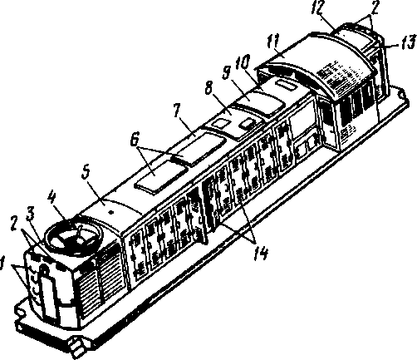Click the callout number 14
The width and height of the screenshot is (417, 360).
coord(261,253)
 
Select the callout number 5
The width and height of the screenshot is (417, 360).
coord(86,173)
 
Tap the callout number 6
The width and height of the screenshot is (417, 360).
coord(134,140)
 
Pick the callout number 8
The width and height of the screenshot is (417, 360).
coord(209,89)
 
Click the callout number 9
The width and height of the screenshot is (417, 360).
coord(227,73)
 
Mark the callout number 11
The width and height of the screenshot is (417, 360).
coord(272,42)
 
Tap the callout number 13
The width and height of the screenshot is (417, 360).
coord(408,42)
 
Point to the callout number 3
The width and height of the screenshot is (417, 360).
coord(30,215)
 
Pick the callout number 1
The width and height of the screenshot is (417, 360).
coord(2,263)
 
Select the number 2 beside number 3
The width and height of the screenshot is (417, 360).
coord(14,224)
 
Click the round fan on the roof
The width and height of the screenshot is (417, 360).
coord(72,235)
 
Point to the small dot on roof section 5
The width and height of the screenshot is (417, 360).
coord(111,212)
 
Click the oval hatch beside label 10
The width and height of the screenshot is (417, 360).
coord(287,84)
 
